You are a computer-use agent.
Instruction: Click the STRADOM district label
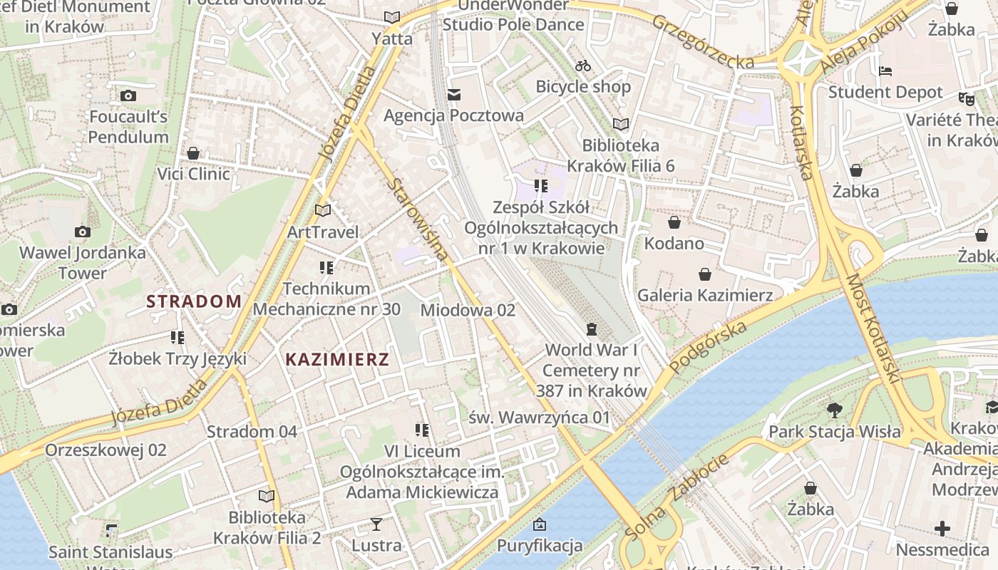tap(194, 301)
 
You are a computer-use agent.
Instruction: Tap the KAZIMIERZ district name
tap(337, 359)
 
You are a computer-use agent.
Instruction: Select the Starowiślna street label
tap(419, 220)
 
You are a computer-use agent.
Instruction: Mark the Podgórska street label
tap(709, 346)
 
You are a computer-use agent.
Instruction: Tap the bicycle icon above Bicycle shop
tap(583, 66)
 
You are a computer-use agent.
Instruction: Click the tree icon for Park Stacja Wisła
tap(834, 410)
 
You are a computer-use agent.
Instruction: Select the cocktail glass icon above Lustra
tap(376, 524)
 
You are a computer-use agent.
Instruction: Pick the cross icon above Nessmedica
tap(942, 529)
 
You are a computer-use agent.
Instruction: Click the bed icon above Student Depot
tap(885, 71)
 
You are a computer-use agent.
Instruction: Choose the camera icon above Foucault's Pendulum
tap(128, 95)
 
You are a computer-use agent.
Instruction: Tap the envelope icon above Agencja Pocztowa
tap(454, 95)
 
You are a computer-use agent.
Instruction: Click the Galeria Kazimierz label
tap(705, 295)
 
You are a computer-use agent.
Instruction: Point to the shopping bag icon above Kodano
tap(674, 222)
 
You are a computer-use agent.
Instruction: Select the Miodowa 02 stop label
tap(468, 310)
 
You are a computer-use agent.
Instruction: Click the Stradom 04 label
tap(252, 431)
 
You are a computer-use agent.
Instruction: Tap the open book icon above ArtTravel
tap(323, 210)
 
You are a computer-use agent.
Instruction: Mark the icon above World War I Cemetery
tap(591, 328)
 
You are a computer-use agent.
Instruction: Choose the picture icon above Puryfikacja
tap(540, 525)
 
